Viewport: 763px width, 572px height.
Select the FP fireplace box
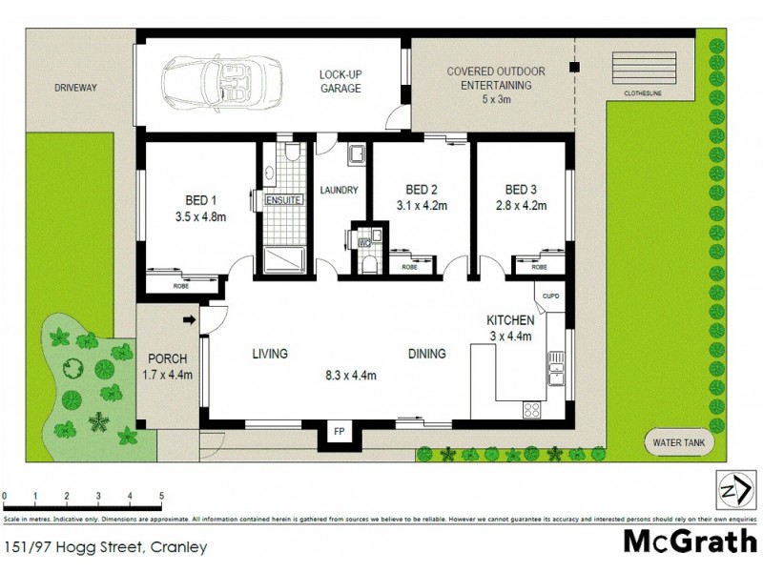339,431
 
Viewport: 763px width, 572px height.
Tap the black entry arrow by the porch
189,319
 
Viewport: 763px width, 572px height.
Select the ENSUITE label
283,201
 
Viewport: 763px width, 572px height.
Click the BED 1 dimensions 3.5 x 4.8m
201,217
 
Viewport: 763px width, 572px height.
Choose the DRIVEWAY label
76,88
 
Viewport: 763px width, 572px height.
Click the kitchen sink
555,367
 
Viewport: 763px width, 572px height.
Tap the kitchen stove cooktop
531,410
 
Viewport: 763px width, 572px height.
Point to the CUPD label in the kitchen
551,296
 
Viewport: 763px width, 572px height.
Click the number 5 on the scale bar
161,497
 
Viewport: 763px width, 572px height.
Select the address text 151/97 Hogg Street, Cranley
78,547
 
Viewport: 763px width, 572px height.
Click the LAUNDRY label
339,190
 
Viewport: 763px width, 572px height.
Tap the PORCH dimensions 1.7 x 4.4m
168,375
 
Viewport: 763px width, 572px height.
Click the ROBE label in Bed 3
526,268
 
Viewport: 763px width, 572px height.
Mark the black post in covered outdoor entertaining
573,68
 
